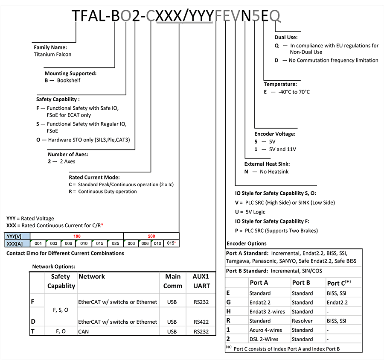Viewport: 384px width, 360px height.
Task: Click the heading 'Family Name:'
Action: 50,47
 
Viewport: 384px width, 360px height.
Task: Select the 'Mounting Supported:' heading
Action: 70,73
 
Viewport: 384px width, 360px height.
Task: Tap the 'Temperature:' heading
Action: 280,84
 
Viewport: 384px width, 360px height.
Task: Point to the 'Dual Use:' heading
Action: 286,37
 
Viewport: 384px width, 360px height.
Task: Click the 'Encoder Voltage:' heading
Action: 275,134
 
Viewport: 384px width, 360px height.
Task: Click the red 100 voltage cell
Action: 77,236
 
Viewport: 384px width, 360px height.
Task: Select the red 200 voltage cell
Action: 151,236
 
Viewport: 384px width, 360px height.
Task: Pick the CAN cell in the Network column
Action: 83,331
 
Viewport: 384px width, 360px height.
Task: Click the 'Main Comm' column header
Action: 173,281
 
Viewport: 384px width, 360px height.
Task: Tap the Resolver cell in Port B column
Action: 303,320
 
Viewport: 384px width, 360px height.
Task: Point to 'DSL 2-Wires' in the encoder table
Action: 265,339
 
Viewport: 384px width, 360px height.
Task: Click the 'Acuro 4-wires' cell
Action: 268,330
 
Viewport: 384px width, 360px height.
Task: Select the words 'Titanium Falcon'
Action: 52,54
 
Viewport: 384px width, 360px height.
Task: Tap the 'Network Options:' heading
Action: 54,266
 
